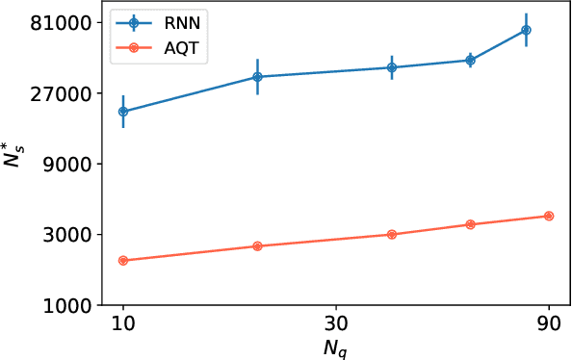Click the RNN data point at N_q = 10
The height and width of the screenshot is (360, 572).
122,112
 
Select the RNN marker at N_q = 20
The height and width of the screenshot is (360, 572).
257,77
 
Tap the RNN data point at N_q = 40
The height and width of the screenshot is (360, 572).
392,67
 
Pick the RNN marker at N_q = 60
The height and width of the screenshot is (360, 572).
470,60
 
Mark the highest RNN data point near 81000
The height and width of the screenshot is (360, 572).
526,30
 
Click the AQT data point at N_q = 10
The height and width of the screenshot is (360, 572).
122,260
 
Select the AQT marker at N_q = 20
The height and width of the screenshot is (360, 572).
257,246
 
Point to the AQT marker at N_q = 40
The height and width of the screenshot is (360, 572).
392,234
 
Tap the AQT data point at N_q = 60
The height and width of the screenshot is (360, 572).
470,224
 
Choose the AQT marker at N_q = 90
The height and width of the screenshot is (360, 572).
549,216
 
